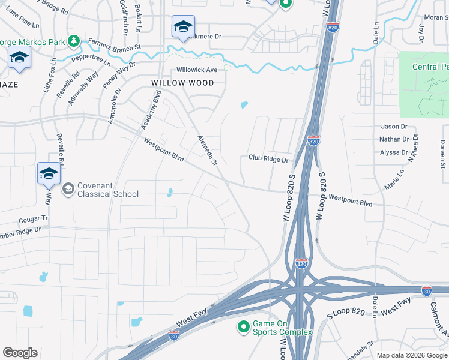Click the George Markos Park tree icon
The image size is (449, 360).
click(74, 41)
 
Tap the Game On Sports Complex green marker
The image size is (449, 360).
click(243, 327)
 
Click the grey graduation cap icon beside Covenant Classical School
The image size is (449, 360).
click(68, 189)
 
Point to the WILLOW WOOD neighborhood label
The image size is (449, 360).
click(182, 83)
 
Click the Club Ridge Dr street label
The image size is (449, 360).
click(268, 160)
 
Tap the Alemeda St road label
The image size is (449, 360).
click(207, 150)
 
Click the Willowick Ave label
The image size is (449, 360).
click(196, 70)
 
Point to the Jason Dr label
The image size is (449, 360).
click(394, 127)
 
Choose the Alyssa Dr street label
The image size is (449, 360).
click(394, 152)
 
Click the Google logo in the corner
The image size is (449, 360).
click(20, 353)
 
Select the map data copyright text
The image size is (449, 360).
click(411, 355)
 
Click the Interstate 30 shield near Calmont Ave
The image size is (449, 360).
click(426, 290)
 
